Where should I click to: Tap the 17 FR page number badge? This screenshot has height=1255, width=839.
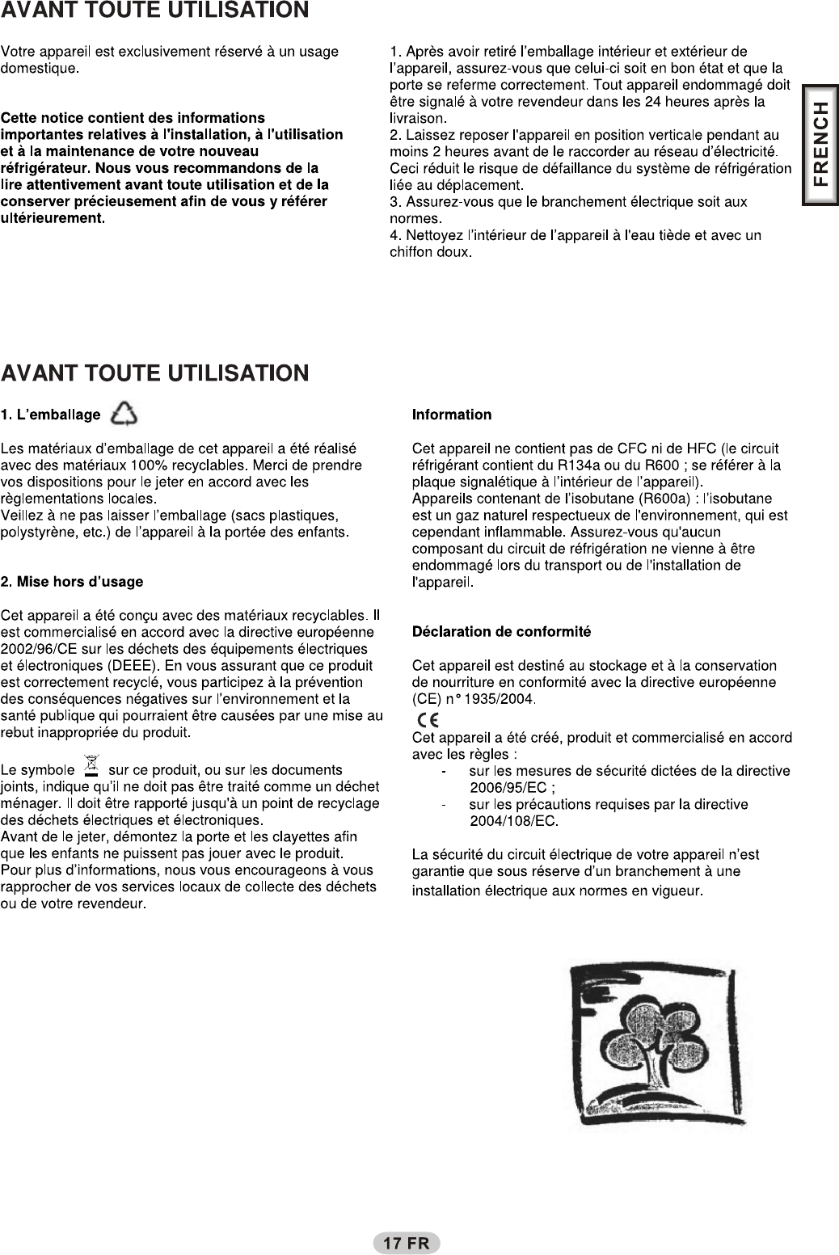point(406,1243)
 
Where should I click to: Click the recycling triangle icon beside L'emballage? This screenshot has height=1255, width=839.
point(124,414)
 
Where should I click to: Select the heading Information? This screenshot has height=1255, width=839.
point(451,415)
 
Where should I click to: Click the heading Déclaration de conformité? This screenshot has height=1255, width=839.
point(501,631)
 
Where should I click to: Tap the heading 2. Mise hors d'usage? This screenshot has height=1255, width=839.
point(72,582)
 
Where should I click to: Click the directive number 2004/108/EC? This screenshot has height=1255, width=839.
point(513,822)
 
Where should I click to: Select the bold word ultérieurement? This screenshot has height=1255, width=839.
point(53,218)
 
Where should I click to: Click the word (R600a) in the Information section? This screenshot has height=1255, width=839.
point(668,498)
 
